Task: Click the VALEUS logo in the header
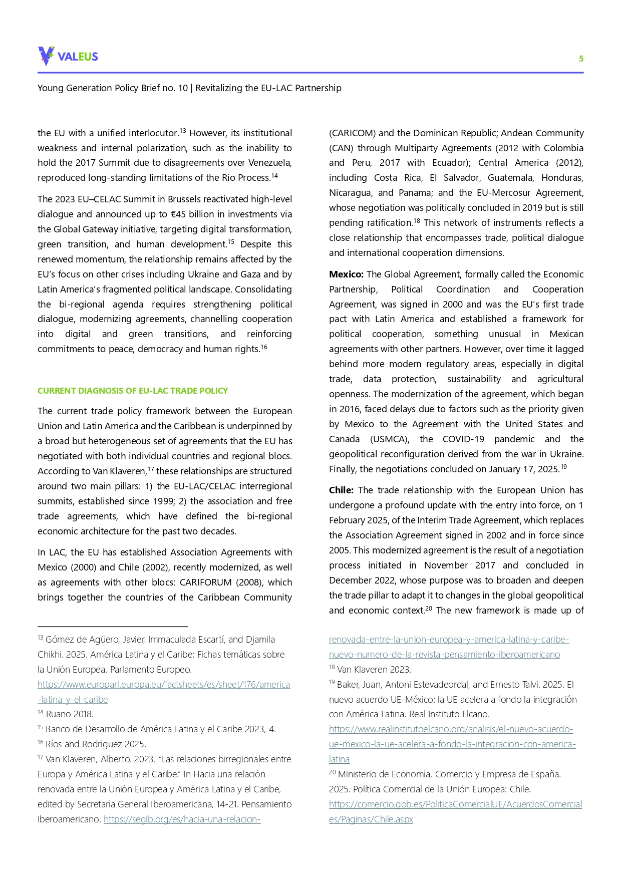(x=68, y=56)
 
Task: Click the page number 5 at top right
(x=581, y=59)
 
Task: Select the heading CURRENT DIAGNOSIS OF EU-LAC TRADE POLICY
(x=133, y=391)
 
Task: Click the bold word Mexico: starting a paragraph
(x=346, y=274)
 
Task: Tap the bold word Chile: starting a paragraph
(x=341, y=490)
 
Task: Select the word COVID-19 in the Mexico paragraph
(x=463, y=439)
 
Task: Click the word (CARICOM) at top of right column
(x=352, y=133)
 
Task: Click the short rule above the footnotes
(x=112, y=626)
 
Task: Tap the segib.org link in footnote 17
(x=182, y=819)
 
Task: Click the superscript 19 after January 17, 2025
(x=563, y=467)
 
